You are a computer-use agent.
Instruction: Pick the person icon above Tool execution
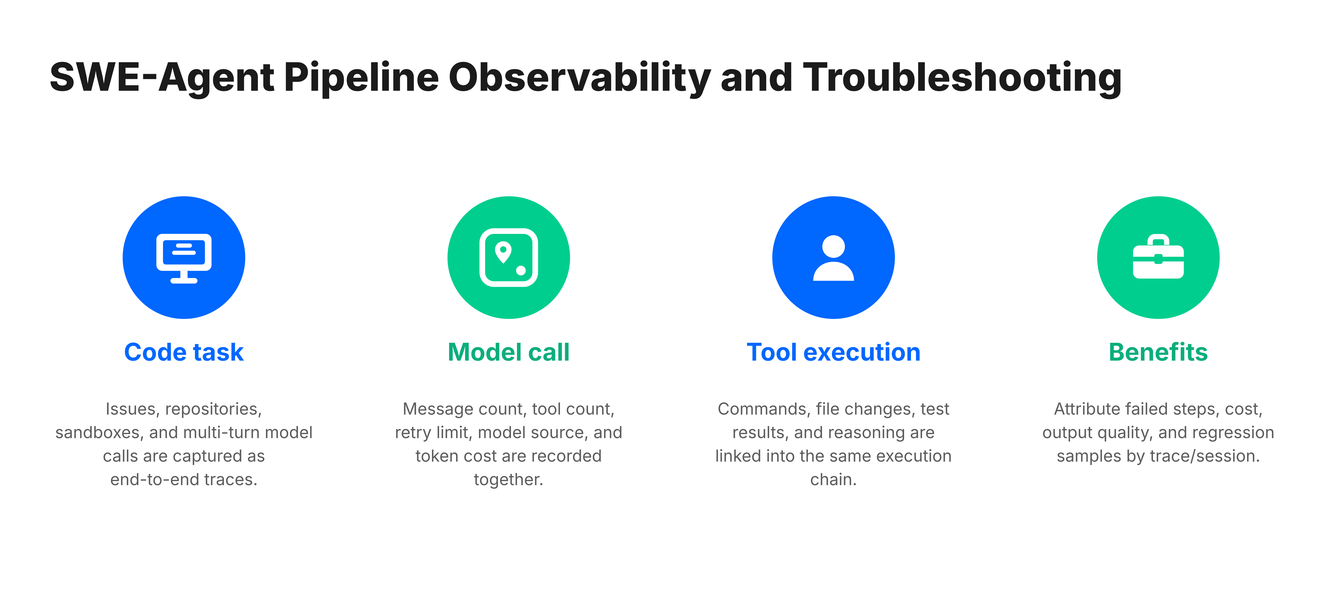click(x=834, y=258)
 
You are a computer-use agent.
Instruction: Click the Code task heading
click(x=184, y=352)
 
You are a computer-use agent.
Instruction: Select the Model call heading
click(x=509, y=352)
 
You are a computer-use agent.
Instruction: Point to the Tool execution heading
click(x=834, y=352)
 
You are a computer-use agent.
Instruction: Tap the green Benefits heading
click(x=1158, y=352)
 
